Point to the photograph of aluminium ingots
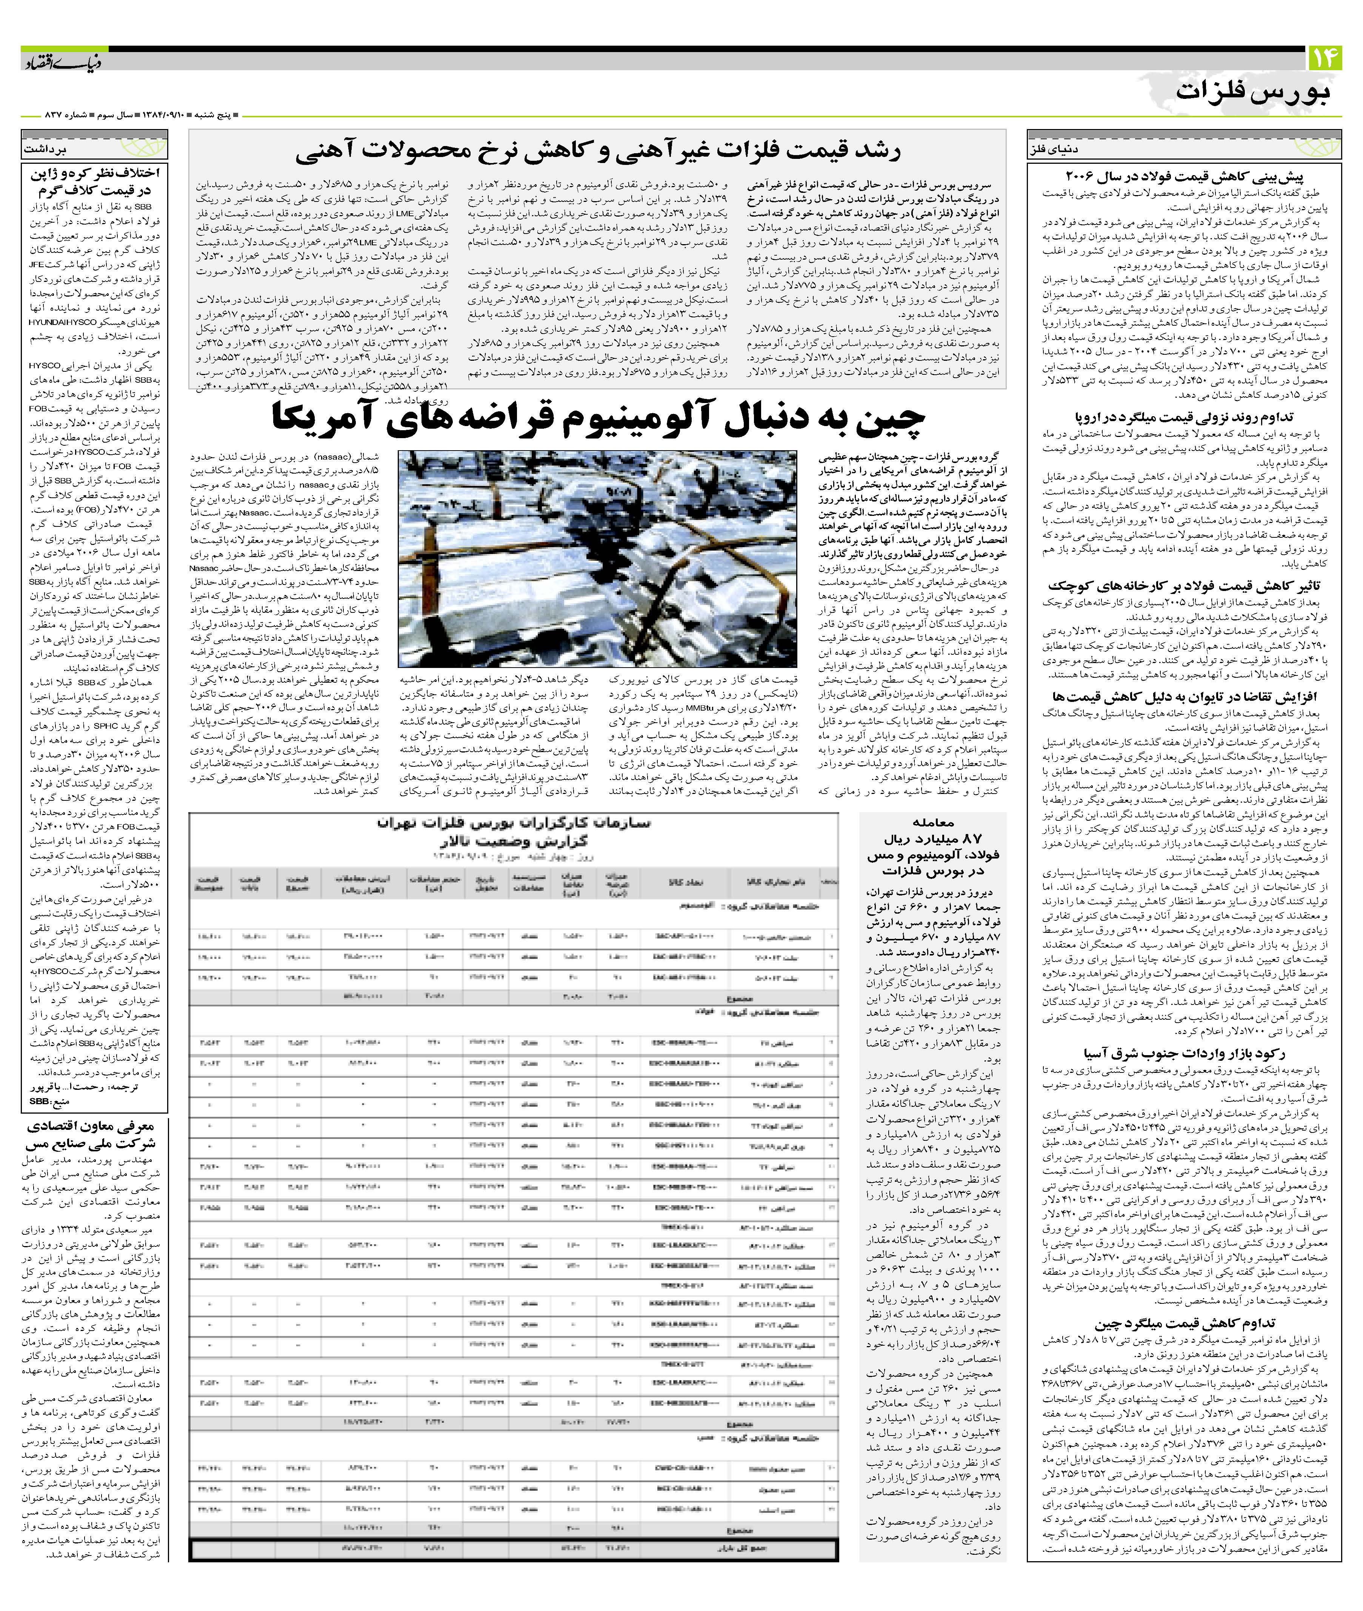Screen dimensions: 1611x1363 tap(597, 558)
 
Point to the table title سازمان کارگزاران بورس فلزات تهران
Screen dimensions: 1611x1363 tap(513, 824)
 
